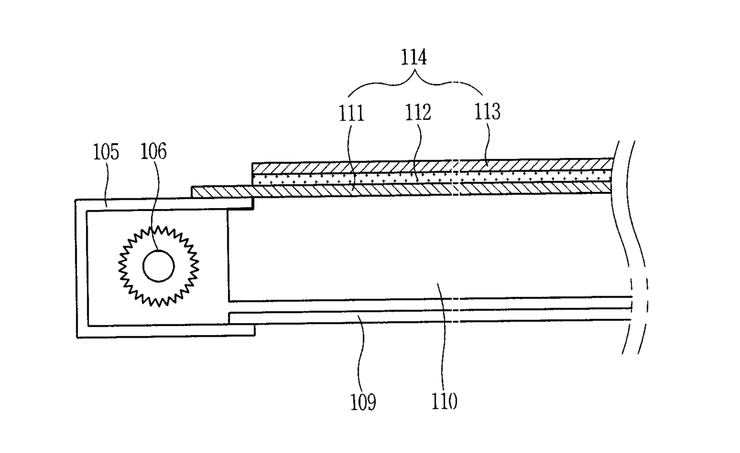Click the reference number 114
point(414,58)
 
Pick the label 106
point(153,152)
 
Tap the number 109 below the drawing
point(363,402)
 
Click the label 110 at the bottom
point(445,402)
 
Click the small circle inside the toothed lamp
point(159,266)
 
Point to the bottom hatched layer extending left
point(221,191)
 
